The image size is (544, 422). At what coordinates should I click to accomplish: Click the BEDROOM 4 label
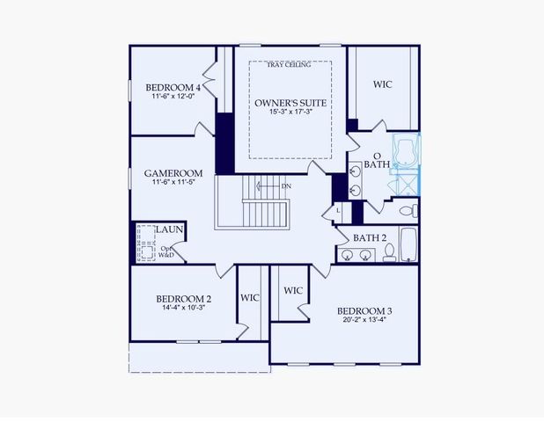coord(173,88)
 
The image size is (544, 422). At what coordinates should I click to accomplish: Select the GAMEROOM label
coord(173,173)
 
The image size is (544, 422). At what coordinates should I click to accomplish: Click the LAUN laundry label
coord(169,229)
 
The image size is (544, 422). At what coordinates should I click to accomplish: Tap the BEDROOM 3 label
coord(364,311)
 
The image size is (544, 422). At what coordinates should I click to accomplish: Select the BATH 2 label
coord(371,237)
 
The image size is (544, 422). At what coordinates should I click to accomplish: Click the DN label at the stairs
coord(286,186)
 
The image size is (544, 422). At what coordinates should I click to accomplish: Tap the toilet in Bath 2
coord(388,253)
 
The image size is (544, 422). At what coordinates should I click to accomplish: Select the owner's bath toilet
coord(407,211)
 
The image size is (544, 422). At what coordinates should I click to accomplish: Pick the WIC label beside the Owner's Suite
coord(382,85)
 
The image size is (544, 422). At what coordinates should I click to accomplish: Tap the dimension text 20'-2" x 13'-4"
coord(364,322)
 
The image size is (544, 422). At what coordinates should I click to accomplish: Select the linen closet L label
coord(339,210)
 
